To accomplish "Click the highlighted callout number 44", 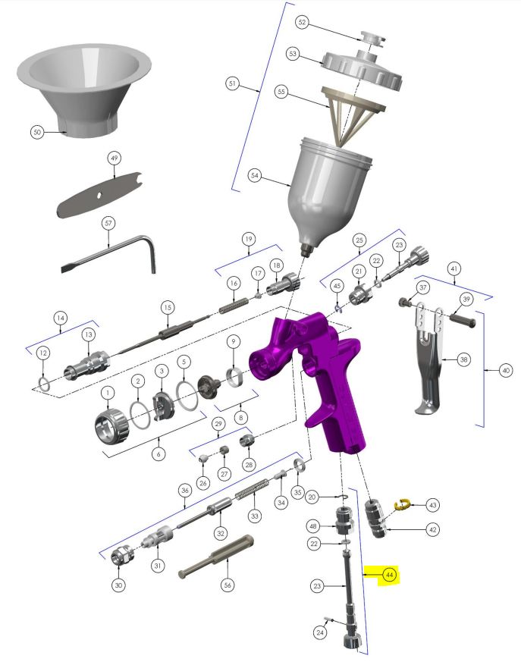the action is (389, 575).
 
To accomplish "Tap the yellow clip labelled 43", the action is (401, 503).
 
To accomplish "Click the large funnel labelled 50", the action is (84, 88).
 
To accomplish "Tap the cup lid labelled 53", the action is (362, 67).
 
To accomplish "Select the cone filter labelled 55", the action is (351, 115).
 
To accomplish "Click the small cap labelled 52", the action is (373, 37).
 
